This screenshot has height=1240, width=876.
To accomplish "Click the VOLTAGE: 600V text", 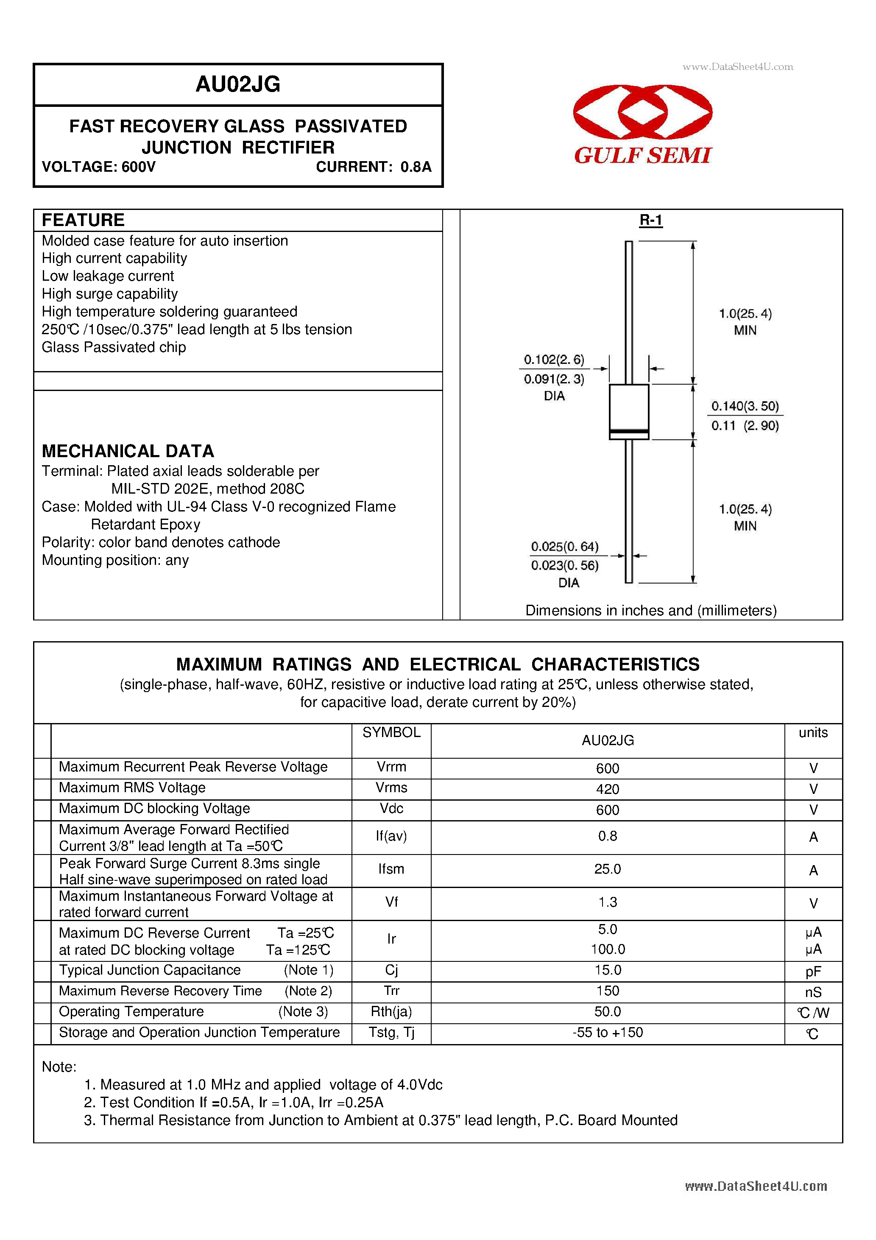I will (98, 167).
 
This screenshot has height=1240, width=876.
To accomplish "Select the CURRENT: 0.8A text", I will (373, 167).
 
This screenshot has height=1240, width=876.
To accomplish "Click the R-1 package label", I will (650, 221).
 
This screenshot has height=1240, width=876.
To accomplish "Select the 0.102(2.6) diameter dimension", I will (554, 360).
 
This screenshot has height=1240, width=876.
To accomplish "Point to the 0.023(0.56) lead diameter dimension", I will (564, 565).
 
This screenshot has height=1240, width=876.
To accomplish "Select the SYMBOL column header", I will (391, 732).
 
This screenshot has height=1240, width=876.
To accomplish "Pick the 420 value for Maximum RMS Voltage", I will (607, 789).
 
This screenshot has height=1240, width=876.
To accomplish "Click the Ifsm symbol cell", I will (391, 869).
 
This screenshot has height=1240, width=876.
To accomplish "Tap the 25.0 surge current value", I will (607, 869).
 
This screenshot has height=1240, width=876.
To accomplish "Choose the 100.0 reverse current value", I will (607, 949).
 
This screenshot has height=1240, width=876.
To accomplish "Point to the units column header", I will (813, 732).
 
